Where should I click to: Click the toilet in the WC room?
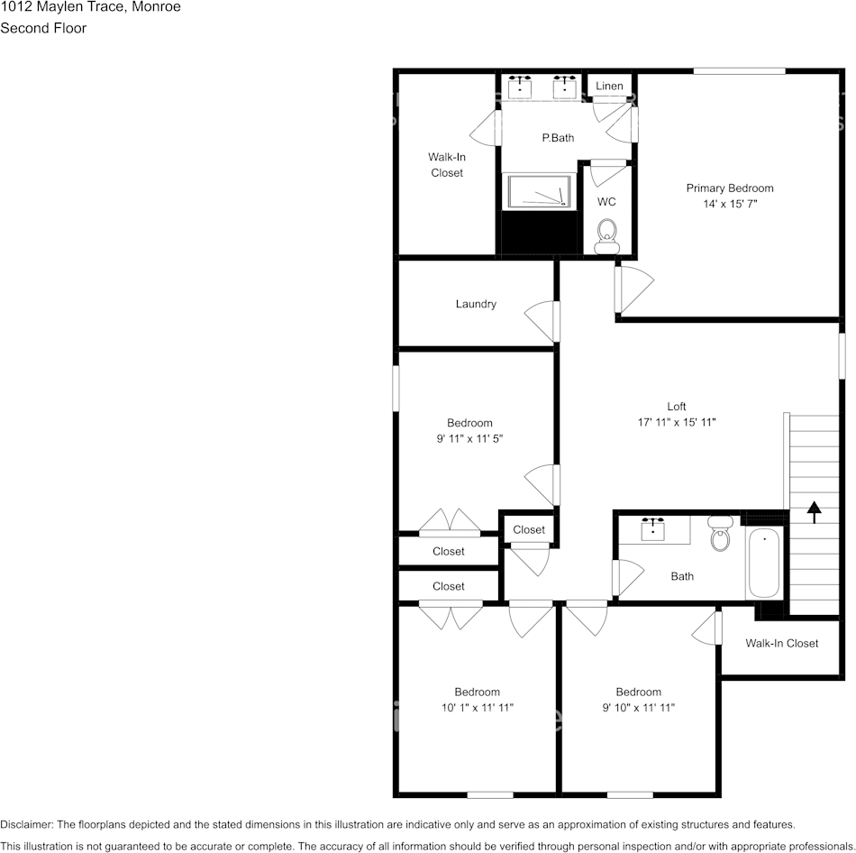tap(606, 236)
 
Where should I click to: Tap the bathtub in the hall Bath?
tap(764, 563)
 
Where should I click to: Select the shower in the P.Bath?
tap(539, 190)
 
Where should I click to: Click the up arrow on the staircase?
tap(814, 512)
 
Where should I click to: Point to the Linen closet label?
tap(609, 86)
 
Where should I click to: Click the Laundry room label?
tap(476, 304)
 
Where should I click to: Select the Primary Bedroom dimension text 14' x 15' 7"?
tap(730, 204)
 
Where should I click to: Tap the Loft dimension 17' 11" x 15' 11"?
tap(677, 422)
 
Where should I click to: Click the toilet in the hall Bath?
tap(721, 533)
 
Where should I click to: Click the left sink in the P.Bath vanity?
tap(520, 87)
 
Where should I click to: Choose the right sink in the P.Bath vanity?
tap(564, 87)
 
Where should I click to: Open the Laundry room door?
tap(542, 321)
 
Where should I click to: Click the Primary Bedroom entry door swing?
tap(634, 289)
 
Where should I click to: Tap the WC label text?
tap(606, 202)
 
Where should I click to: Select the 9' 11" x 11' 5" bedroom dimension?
tap(469, 438)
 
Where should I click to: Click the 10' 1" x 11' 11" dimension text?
tap(478, 708)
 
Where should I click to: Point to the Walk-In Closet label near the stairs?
tap(782, 643)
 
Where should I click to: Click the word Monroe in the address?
tap(156, 7)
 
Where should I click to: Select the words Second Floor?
tap(43, 28)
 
